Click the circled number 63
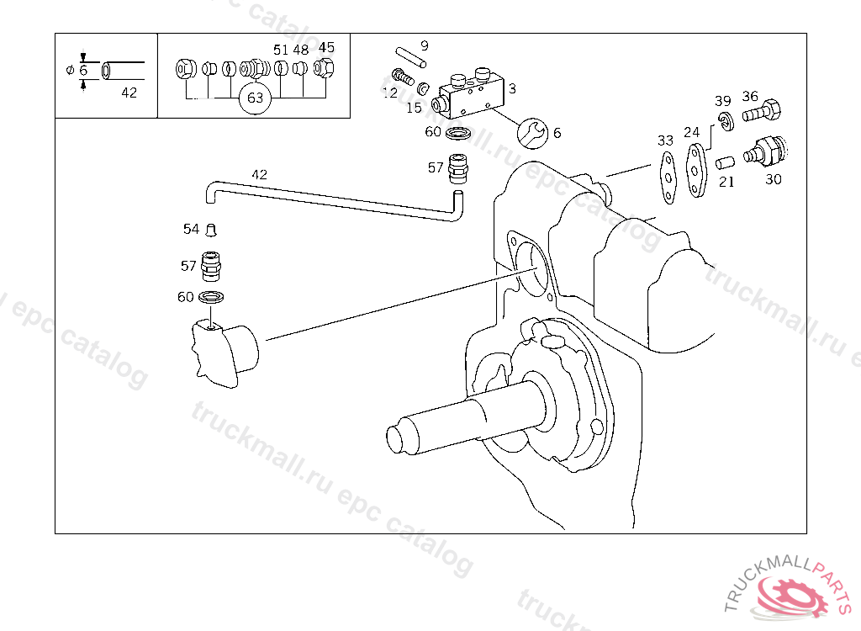(256, 98)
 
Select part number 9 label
(424, 45)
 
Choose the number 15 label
(414, 108)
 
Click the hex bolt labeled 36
(762, 110)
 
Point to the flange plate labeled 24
(697, 172)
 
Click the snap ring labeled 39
(724, 121)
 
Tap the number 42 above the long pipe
(259, 175)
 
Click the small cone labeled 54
(212, 230)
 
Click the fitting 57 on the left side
(212, 266)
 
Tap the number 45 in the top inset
(326, 47)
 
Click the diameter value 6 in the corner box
(83, 70)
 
